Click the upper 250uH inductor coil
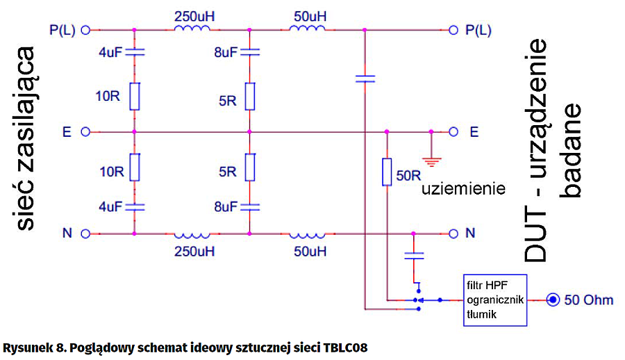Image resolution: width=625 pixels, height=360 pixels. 192,28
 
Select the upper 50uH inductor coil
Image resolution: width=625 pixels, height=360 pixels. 306,28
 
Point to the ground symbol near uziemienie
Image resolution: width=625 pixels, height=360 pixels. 431,161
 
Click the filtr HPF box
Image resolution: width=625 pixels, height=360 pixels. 495,300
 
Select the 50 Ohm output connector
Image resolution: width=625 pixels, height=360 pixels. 552,300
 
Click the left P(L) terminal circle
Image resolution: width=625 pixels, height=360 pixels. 86,30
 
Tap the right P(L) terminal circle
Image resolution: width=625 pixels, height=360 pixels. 453,30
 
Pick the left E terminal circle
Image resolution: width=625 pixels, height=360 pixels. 86,131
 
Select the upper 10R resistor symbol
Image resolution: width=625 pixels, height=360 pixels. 135,96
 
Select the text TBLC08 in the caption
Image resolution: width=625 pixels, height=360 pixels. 344,345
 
